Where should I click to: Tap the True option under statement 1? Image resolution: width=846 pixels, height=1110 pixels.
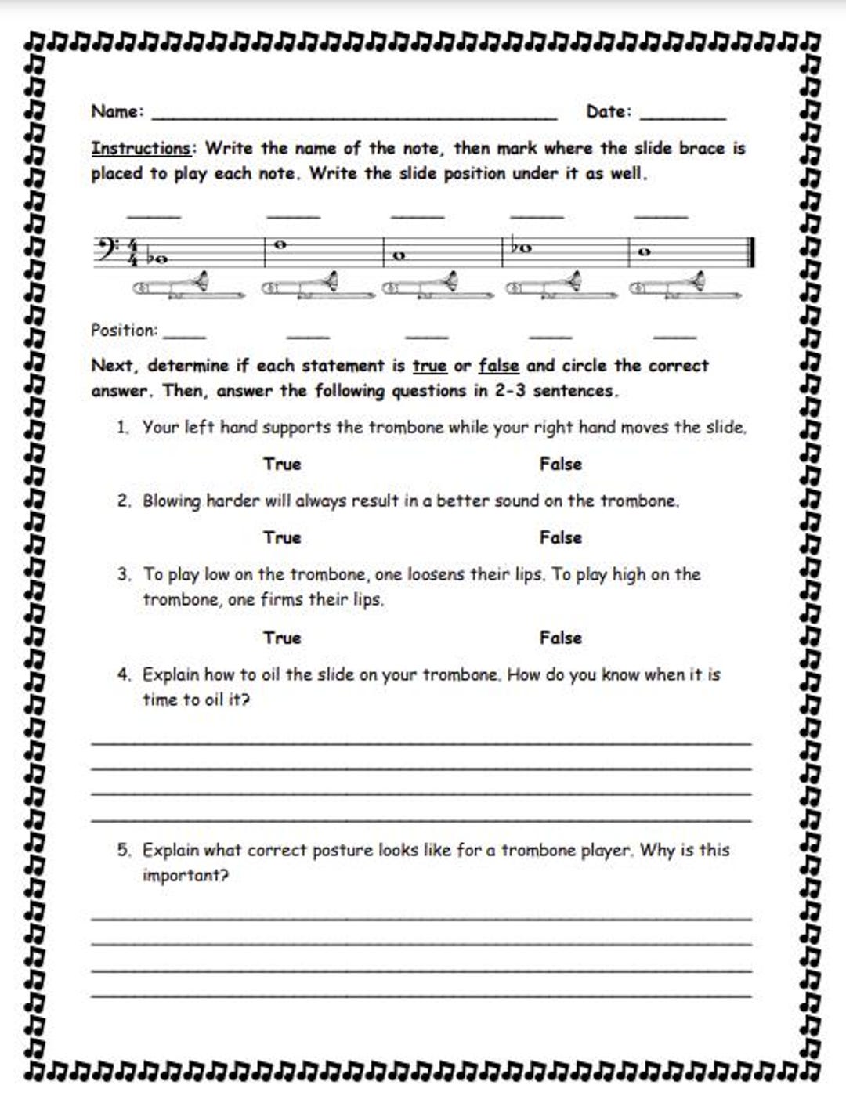pos(282,464)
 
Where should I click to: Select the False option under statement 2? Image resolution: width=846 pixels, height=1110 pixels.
pos(560,537)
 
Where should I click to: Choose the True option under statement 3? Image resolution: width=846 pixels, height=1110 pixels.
pos(282,638)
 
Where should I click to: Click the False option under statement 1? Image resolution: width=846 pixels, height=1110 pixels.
pos(560,464)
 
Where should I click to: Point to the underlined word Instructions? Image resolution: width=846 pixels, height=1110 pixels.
pos(141,149)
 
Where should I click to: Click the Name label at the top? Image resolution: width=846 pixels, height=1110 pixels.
pos(117,111)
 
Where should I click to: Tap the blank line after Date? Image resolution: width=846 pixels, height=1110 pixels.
pos(682,116)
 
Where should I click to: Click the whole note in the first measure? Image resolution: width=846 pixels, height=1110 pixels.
pos(161,259)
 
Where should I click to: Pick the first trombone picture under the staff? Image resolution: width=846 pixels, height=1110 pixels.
pos(188,287)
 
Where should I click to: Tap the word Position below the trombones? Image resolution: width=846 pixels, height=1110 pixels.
pos(123,330)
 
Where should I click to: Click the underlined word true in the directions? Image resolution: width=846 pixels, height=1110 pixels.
pos(429,366)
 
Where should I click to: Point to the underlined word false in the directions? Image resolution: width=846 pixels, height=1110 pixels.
pos(498,366)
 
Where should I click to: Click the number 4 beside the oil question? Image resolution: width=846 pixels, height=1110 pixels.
pos(123,675)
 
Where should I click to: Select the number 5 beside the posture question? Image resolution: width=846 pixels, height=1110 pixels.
pos(123,851)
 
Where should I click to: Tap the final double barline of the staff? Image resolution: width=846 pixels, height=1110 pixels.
pos(751,252)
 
